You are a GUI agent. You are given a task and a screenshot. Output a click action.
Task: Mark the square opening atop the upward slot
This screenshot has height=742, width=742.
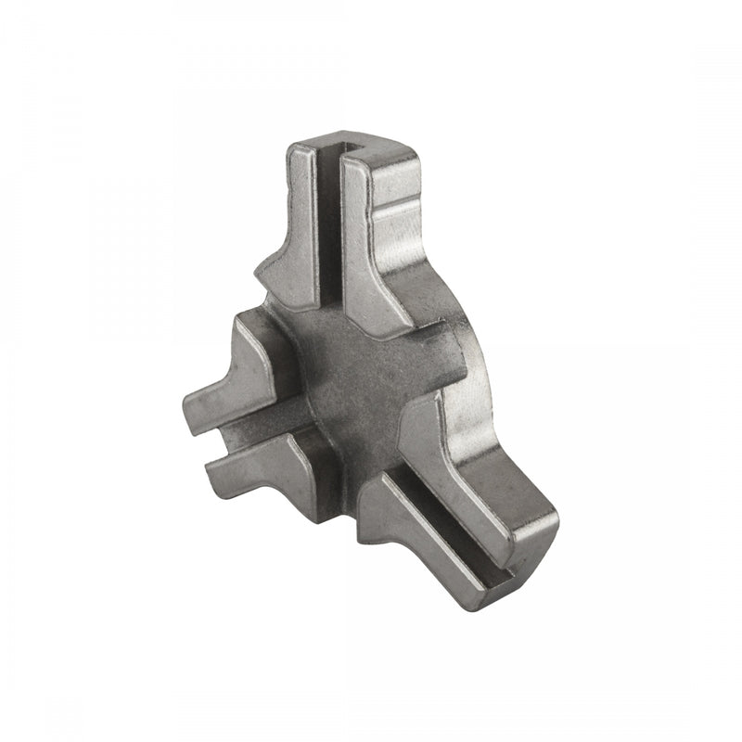click(333, 150)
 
